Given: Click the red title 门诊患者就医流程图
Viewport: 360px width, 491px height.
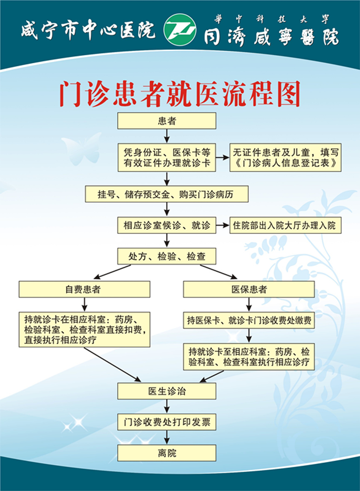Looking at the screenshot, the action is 180,94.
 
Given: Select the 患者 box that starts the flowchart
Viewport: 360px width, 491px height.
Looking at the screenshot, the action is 167,121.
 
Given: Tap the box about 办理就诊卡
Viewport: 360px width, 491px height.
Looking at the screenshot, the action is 167,157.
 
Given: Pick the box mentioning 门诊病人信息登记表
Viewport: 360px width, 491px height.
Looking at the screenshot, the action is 285,157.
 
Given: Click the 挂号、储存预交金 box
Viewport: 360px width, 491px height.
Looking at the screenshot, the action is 167,194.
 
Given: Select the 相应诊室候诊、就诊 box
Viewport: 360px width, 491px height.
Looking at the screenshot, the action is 167,225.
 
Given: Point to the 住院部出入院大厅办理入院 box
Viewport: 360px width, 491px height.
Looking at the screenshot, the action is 285,225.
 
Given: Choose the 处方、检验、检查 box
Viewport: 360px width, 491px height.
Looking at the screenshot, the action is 167,256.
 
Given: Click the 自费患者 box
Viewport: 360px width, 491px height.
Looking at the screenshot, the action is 84,289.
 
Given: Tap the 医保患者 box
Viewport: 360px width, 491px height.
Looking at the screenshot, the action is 249,289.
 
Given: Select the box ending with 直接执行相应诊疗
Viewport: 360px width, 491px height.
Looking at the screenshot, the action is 84,329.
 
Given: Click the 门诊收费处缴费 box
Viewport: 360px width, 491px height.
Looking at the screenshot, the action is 249,320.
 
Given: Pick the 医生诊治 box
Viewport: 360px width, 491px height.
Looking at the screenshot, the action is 167,391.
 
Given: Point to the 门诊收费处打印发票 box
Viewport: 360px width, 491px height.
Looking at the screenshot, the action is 167,422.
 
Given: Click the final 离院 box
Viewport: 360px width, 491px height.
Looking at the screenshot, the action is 167,453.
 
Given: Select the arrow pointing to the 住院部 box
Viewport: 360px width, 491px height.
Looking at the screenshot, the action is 223,225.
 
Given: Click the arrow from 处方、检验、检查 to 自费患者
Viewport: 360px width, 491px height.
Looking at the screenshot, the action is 112,271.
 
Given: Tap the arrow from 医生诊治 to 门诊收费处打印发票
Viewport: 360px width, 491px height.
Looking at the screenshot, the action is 167,407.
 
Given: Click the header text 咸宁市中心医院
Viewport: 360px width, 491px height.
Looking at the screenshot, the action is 88,30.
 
